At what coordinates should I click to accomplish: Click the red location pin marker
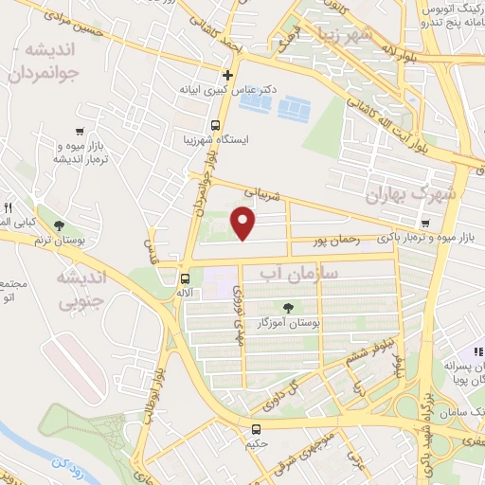click(x=244, y=223)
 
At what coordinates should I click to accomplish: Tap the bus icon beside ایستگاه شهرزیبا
click(x=216, y=125)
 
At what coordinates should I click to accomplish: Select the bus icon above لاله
click(x=185, y=279)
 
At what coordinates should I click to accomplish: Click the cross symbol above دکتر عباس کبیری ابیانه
click(x=227, y=75)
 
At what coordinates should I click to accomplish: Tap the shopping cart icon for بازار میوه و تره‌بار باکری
click(x=426, y=224)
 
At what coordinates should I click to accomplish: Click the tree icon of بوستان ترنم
click(x=60, y=225)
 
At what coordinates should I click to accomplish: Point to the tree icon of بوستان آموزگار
click(x=289, y=307)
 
